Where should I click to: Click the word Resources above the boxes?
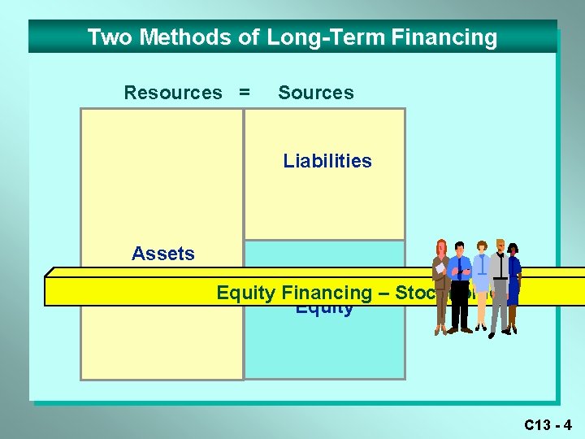[172, 93]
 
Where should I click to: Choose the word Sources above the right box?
[316, 93]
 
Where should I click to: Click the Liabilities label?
[327, 161]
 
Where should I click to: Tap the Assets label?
[163, 254]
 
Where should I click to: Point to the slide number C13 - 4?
[548, 424]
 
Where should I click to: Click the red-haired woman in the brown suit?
[441, 285]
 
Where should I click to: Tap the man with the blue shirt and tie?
[461, 285]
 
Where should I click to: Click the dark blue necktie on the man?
[461, 269]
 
